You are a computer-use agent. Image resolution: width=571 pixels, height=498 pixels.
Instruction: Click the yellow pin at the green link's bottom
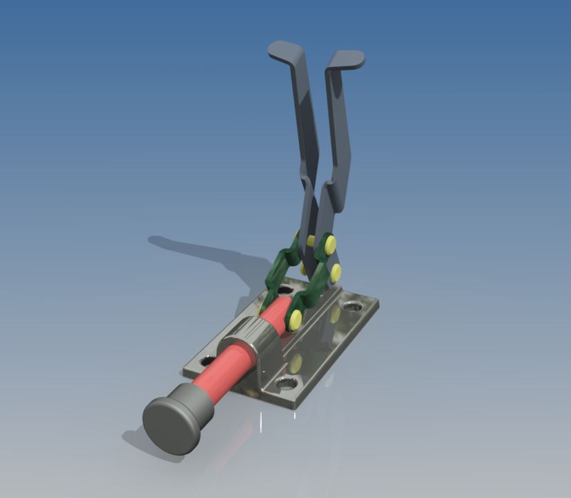coord(295,319)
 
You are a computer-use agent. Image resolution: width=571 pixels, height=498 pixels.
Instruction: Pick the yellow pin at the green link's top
coord(330,243)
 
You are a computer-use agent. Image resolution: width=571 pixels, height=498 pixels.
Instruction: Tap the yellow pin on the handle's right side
coord(336,271)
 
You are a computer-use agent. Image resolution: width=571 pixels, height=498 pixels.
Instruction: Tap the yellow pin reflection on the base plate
coord(296,362)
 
